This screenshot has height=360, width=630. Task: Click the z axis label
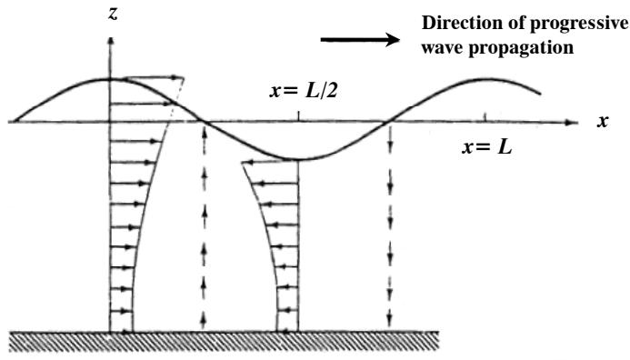tap(114, 15)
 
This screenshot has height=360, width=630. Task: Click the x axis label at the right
tap(602, 121)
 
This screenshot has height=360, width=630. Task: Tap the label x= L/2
tap(304, 92)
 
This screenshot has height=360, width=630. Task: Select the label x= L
tap(487, 147)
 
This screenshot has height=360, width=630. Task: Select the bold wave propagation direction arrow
tap(360, 39)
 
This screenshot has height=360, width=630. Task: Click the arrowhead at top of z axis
tap(111, 41)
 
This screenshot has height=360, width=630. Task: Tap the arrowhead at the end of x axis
tap(574, 122)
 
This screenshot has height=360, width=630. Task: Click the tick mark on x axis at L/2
tap(298, 116)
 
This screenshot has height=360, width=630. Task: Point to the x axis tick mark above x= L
tap(485, 117)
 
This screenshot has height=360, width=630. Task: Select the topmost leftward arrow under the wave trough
tap(269, 163)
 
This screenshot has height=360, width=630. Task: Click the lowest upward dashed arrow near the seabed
tap(205, 319)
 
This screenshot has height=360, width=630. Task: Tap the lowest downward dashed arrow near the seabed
tap(389, 319)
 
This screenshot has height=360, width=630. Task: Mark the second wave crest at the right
tap(481, 79)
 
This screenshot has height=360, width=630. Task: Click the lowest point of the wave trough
tap(298, 159)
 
